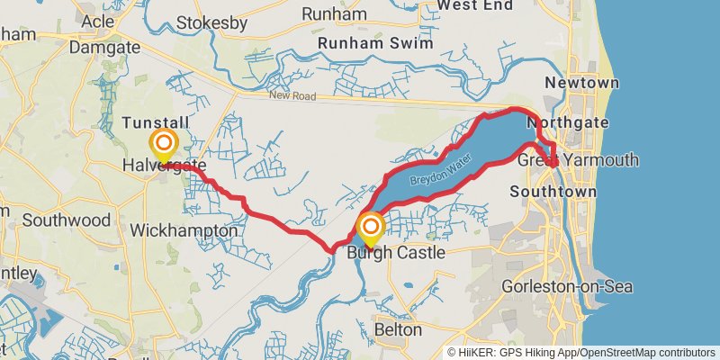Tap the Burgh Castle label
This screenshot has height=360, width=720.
pos(396,253)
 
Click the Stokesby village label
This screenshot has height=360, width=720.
pos(211,22)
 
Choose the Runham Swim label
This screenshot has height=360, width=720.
pos(375,42)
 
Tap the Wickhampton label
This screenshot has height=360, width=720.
pos(184,231)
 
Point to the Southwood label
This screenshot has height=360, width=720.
pos(67,220)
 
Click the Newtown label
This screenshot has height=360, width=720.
pos(581,83)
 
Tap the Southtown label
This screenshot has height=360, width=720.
pos(553,192)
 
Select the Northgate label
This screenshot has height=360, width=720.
pos(568,122)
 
